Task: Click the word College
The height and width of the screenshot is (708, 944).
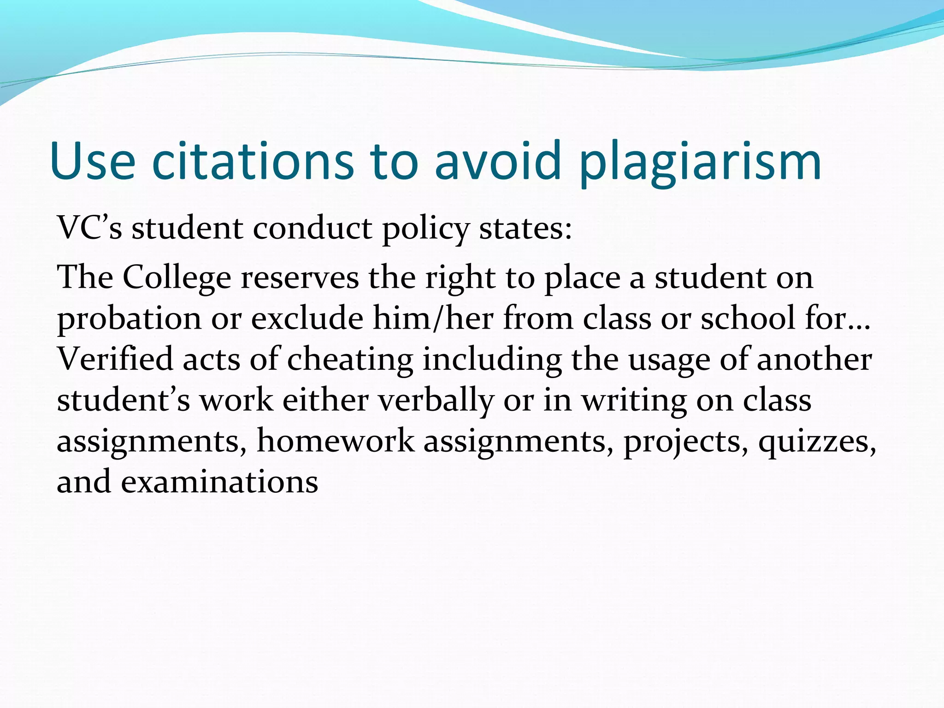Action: coord(177,278)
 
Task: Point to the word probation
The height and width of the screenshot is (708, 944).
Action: coord(129,319)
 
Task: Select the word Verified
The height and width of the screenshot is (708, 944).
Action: coord(114,359)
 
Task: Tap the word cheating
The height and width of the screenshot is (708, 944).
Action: coord(350,360)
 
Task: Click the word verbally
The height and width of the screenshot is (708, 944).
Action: coord(436,400)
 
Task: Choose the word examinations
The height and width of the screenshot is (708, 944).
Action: coord(219,482)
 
